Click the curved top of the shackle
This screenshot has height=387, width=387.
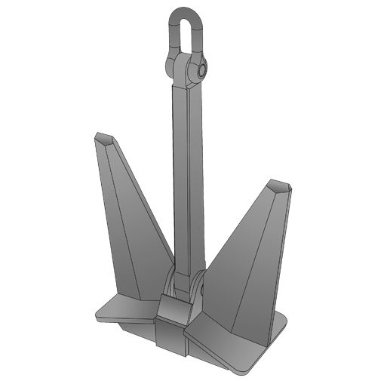[186, 11]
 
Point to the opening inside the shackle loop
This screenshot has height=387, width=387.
[186, 33]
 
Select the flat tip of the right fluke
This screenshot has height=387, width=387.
[278, 185]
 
